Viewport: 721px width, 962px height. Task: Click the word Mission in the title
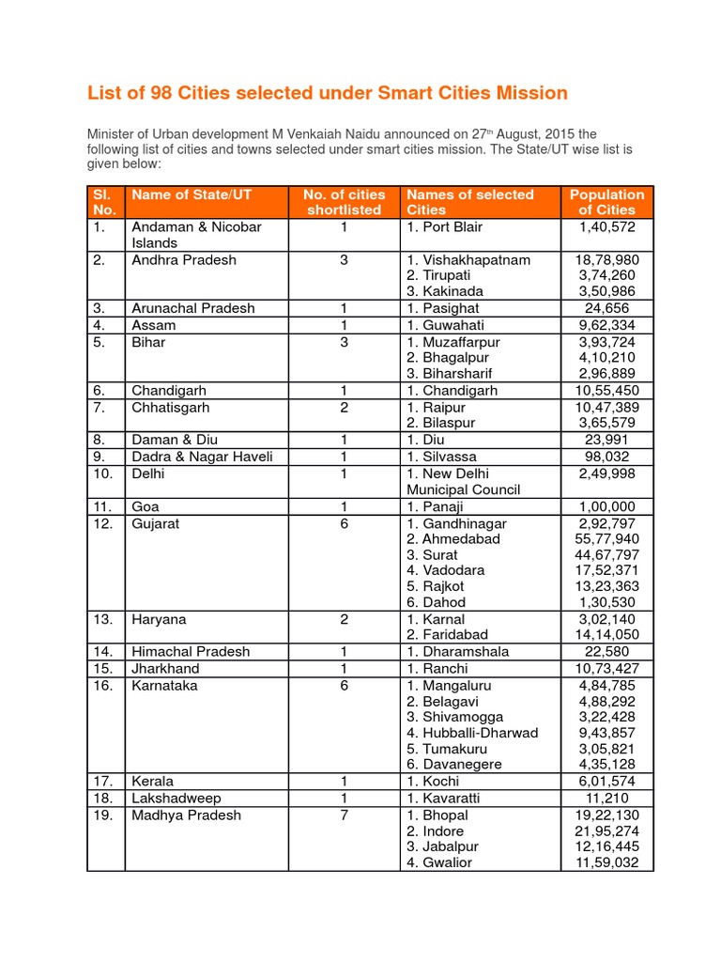click(532, 92)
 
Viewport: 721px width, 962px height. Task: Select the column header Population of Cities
click(607, 202)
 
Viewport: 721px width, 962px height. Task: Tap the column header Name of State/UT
click(192, 194)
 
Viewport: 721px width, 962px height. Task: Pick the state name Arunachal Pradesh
click(192, 308)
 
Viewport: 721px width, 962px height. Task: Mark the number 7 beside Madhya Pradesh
click(345, 815)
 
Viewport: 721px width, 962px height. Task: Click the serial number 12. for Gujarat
click(102, 523)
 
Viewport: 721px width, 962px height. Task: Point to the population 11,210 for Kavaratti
click(607, 799)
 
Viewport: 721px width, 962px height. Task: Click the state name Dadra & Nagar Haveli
click(202, 457)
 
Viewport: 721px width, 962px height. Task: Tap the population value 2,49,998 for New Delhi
click(607, 473)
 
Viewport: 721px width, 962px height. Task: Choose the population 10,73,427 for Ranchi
click(607, 669)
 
